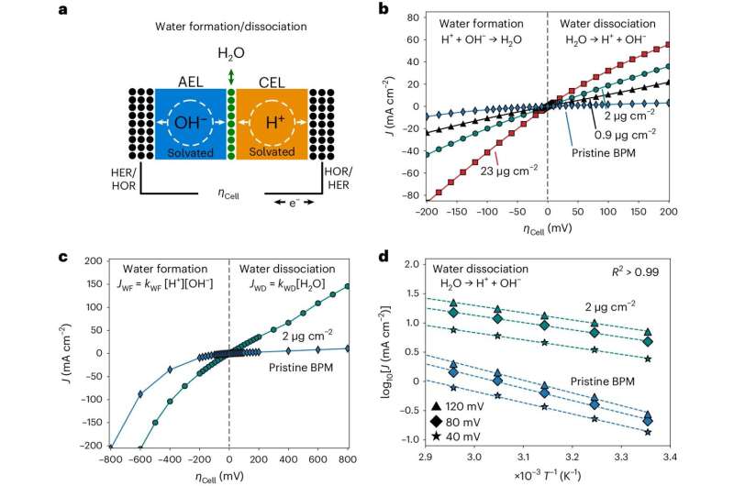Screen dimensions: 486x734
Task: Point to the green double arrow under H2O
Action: click(x=231, y=74)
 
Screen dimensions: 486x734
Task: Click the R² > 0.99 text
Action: click(x=677, y=273)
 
